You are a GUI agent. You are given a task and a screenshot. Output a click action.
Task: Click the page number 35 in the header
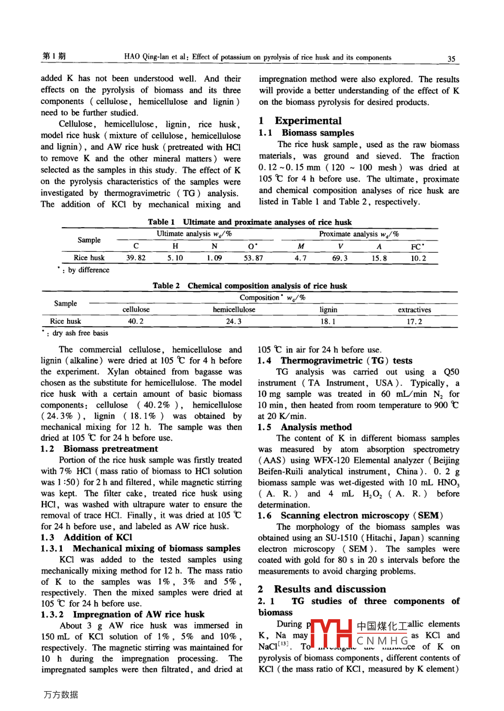pos(451,58)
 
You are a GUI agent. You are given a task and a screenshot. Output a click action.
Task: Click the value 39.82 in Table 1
pos(136,258)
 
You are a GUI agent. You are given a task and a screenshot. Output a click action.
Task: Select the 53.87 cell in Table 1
pos(253,258)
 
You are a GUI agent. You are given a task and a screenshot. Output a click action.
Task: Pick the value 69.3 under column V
pos(340,258)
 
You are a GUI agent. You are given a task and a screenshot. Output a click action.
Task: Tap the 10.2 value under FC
pos(418,258)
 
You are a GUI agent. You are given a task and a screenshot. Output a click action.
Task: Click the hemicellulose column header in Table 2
pos(234,310)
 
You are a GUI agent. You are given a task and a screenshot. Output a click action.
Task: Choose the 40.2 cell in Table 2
pos(135,321)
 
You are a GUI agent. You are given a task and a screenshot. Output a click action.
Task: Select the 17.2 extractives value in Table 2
pos(414,321)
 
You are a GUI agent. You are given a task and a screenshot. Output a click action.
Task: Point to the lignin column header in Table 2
pos(328,310)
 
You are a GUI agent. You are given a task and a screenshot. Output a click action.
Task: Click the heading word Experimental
pos(308,121)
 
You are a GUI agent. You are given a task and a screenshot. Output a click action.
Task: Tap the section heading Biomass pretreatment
pos(111,449)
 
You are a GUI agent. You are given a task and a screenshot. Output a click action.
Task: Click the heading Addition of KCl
pos(98,537)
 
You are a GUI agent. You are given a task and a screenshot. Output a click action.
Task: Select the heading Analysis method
pos(316,427)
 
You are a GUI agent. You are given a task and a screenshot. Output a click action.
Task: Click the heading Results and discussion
pos(330,589)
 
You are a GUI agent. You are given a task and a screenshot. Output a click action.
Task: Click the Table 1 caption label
pos(161,222)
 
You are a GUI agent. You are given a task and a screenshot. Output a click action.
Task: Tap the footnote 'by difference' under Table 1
pos(88,270)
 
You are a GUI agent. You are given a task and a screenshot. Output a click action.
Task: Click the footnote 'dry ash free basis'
pos(80,333)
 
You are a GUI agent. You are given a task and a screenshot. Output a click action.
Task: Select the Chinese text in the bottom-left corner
pos(60,695)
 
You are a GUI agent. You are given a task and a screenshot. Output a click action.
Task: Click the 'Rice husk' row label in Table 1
pos(89,258)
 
